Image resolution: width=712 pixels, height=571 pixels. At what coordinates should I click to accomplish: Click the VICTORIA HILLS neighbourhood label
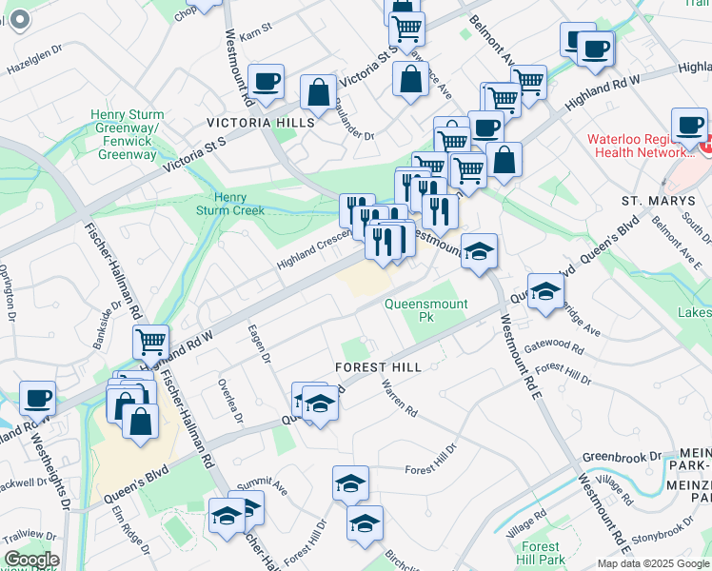[262, 124]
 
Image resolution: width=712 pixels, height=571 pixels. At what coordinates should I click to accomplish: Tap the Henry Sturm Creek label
[231, 204]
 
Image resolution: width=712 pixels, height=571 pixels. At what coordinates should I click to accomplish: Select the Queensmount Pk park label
[426, 310]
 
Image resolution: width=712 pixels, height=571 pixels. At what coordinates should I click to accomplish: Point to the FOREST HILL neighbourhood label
[378, 367]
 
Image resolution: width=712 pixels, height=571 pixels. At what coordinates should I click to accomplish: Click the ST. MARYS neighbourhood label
[655, 202]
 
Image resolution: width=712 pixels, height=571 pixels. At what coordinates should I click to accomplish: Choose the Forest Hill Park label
[541, 553]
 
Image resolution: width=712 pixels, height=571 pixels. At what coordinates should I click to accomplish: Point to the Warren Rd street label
[399, 399]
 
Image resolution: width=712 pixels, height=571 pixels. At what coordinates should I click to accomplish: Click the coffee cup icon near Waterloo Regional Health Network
[689, 124]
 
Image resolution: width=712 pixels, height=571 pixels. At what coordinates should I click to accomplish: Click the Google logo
[31, 560]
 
